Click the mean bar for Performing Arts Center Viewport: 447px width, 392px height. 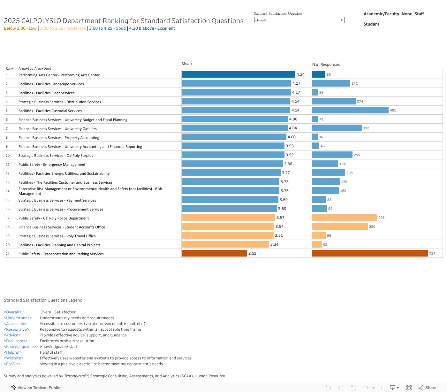tap(238, 74)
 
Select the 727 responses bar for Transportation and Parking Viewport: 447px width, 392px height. tap(370, 253)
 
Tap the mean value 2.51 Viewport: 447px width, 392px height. tap(252, 253)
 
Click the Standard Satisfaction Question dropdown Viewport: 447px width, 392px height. tap(299, 20)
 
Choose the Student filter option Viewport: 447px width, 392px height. tap(371, 24)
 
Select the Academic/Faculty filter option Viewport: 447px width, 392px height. tap(381, 14)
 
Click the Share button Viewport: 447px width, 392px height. tap(428, 388)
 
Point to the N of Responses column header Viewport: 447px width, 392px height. tap(326, 65)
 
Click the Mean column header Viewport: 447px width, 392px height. tap(186, 64)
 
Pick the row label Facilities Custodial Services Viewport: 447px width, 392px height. tap(50, 111)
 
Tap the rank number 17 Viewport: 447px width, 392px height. tap(8, 218)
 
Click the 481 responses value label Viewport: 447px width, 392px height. tap(393, 110)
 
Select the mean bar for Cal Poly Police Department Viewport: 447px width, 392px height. tap(228, 218)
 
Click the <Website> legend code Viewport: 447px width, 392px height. tap(13, 358)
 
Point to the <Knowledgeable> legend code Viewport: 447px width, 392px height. tap(20, 347)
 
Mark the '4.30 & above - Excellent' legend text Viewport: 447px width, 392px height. tap(152, 28)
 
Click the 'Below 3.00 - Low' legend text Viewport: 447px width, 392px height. tap(20, 28)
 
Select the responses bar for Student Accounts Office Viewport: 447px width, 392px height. tap(340, 227)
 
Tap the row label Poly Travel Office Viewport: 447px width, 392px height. tap(57, 236)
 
